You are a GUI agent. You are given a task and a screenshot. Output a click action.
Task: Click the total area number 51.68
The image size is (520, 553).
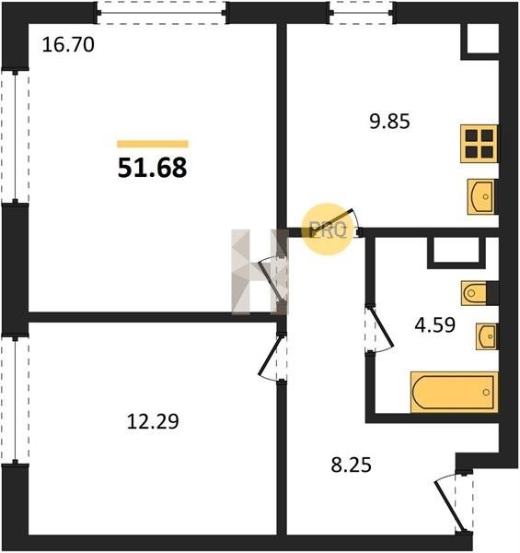pos(152,168)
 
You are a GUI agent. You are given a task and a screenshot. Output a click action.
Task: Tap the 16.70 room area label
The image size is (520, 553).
pos(68,45)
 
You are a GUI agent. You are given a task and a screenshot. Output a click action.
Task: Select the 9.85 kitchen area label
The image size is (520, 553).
pos(389,122)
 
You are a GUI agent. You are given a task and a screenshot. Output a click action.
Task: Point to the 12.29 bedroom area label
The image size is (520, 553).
pos(153,421)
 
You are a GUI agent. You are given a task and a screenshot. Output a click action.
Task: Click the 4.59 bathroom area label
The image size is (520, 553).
pos(435,325)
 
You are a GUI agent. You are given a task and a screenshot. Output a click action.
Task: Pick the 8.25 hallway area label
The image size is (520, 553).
pos(351,465)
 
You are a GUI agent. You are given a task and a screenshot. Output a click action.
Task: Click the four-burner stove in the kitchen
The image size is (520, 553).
pos(480,144)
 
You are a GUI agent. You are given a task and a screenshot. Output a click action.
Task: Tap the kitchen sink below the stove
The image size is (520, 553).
pos(481,197)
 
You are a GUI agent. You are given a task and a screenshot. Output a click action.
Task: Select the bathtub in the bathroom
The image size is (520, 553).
pos(454,392)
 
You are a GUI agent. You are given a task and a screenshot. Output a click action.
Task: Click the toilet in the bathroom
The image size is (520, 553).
pos(480,293)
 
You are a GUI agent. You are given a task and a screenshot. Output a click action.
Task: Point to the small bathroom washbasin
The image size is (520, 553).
pos(487,336)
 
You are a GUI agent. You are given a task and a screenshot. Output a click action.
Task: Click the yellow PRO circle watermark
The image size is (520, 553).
pos(328,229)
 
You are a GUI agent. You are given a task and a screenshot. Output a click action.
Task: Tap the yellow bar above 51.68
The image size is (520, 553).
pos(153,144)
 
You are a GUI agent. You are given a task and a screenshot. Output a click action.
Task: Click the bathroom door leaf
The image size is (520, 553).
pos(382,327)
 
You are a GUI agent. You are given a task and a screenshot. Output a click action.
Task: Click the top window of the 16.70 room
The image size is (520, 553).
pos(162,13)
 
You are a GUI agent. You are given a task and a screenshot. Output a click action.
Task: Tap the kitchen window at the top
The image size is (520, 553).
pos(362,13)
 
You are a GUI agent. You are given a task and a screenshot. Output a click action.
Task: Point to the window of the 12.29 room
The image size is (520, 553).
pos(15,400)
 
